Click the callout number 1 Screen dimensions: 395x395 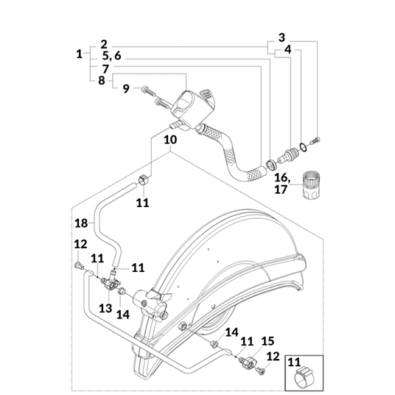(x=80, y=54)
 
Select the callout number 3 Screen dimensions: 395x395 (x=282, y=38)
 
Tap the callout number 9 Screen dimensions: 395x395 (x=126, y=88)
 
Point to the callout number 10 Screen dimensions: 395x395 (x=170, y=139)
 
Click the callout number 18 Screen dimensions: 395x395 (x=81, y=223)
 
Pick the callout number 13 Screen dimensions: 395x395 (x=105, y=308)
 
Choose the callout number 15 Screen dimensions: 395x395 (x=268, y=341)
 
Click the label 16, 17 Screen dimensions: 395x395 (x=282, y=183)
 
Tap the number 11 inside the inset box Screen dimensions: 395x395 (x=294, y=363)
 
